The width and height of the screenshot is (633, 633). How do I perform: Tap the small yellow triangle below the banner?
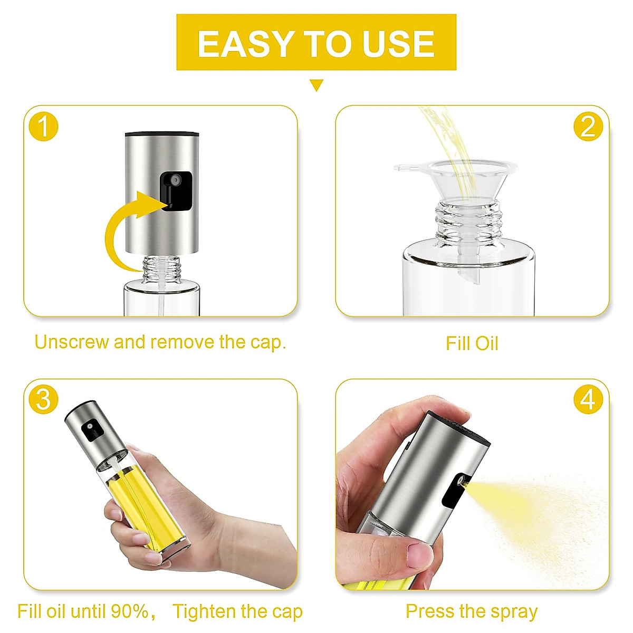(x=316, y=85)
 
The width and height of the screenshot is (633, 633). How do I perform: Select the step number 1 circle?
(x=44, y=127)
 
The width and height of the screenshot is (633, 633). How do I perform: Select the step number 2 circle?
(x=588, y=127)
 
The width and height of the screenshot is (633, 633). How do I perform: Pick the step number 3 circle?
(x=44, y=400)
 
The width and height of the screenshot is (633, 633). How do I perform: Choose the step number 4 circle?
(x=588, y=400)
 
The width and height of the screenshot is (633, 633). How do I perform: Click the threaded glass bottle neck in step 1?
(x=162, y=268)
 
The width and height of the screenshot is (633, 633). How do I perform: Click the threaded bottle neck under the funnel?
(x=468, y=224)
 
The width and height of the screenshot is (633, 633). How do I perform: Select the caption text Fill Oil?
(x=472, y=343)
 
